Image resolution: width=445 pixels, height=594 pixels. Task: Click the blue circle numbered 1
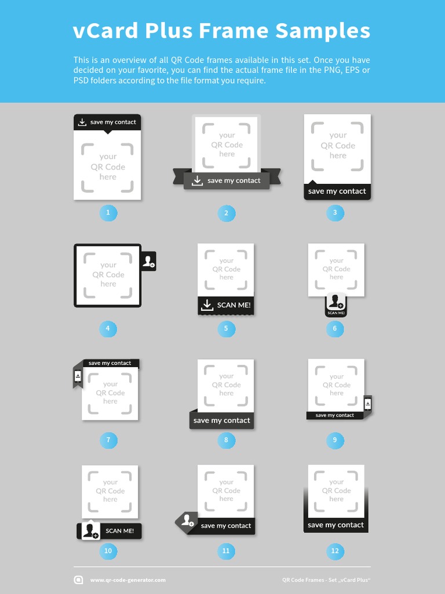[x=108, y=213]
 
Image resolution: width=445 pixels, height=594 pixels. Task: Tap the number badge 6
[x=334, y=329]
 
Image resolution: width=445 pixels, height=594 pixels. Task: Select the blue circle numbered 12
[x=334, y=550]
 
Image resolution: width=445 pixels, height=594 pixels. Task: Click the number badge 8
[x=226, y=440]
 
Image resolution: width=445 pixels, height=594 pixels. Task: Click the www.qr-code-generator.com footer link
[x=127, y=579]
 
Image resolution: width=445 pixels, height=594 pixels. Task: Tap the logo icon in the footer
[x=79, y=579]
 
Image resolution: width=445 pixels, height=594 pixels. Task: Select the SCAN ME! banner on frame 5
[x=226, y=305]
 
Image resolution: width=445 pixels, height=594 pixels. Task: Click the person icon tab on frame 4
[x=149, y=261]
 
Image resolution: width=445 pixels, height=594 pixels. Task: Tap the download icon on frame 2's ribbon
[x=197, y=180]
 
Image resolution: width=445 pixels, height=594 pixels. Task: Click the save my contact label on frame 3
[x=337, y=191]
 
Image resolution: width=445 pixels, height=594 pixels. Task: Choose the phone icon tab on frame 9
[x=367, y=403]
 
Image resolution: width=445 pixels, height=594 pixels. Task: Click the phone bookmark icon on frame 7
[x=78, y=376]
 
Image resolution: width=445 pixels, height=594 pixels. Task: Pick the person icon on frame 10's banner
[x=89, y=531]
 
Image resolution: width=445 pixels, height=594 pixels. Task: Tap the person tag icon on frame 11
[x=187, y=520]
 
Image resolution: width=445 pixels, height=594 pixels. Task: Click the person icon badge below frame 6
[x=335, y=305]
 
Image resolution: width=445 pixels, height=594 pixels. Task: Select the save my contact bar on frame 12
[x=336, y=525]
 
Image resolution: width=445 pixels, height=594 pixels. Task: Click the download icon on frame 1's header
[x=82, y=122]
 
